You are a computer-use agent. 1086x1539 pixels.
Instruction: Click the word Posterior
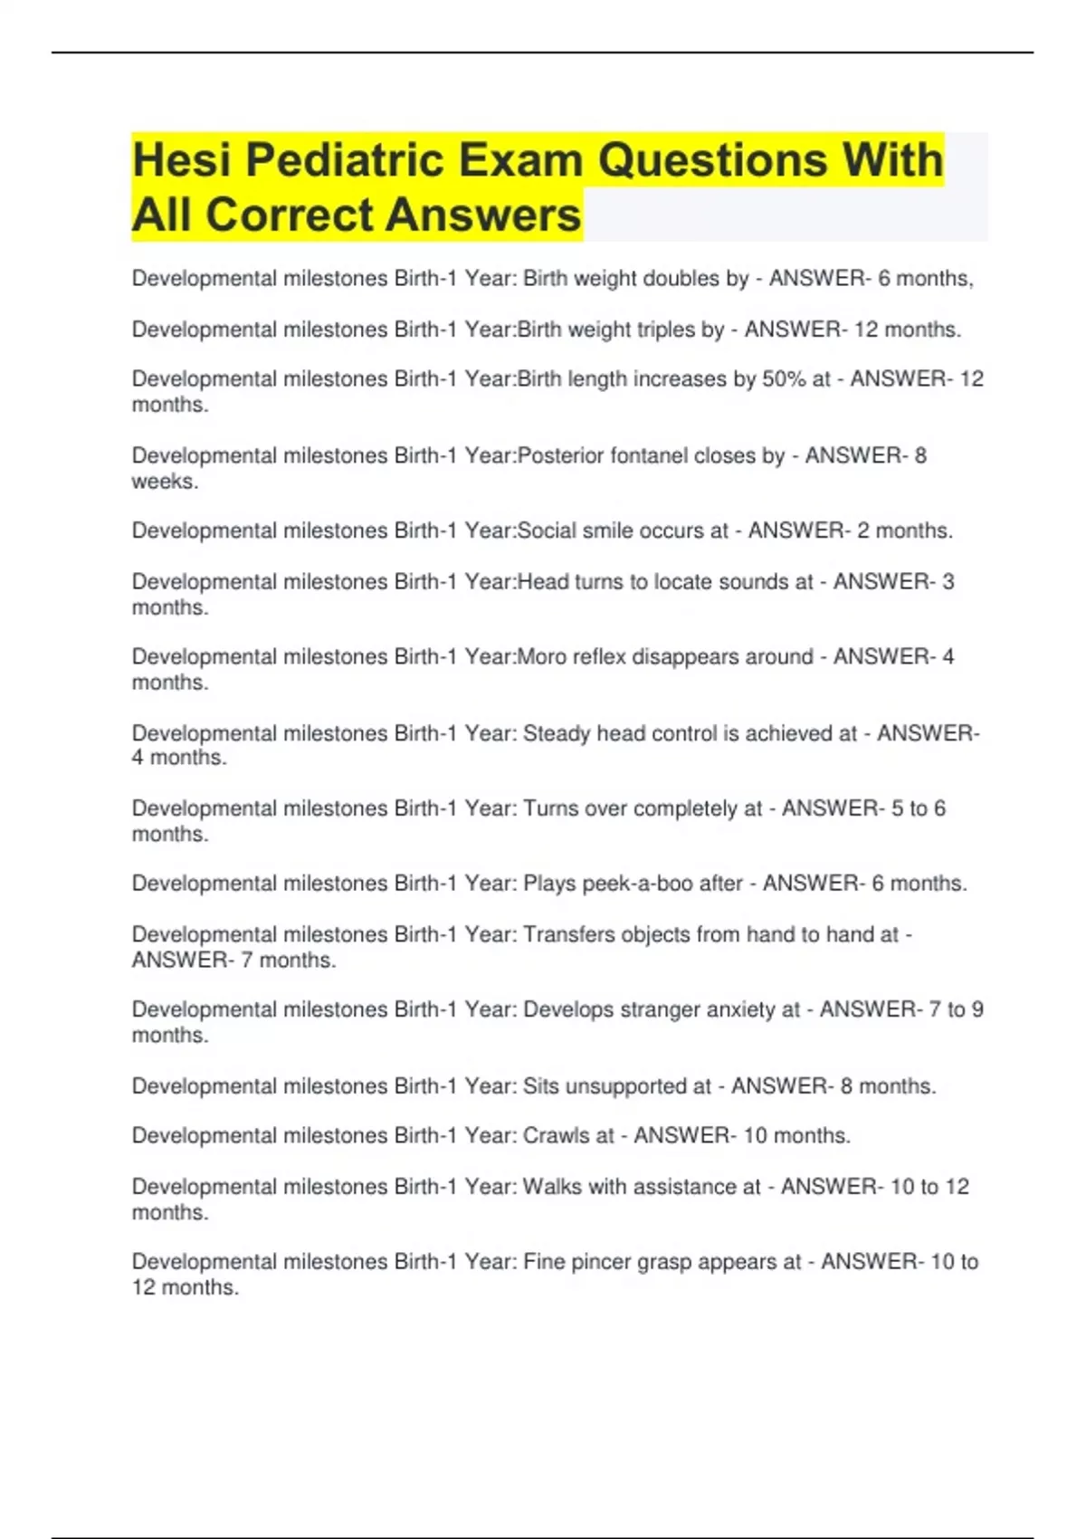pyautogui.click(x=560, y=455)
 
